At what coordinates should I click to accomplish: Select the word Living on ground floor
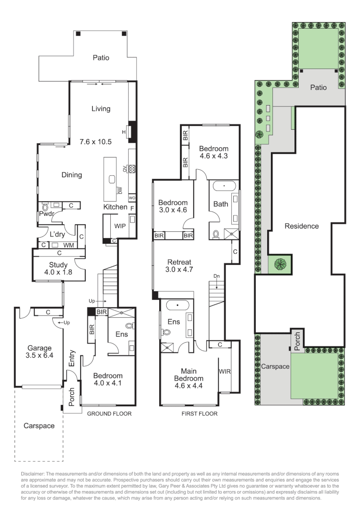click(x=101, y=108)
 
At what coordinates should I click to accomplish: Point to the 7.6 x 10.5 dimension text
click(x=95, y=141)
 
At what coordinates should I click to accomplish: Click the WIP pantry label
click(x=120, y=226)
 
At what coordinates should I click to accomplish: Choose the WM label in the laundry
click(x=68, y=245)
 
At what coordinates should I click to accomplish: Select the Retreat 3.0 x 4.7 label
click(x=177, y=266)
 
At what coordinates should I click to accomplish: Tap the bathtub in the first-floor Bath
click(x=224, y=187)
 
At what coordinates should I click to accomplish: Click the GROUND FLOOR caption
click(x=109, y=413)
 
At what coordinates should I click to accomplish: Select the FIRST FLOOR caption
click(x=199, y=413)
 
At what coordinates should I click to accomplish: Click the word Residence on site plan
click(x=302, y=226)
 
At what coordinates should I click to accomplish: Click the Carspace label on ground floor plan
click(x=39, y=426)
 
